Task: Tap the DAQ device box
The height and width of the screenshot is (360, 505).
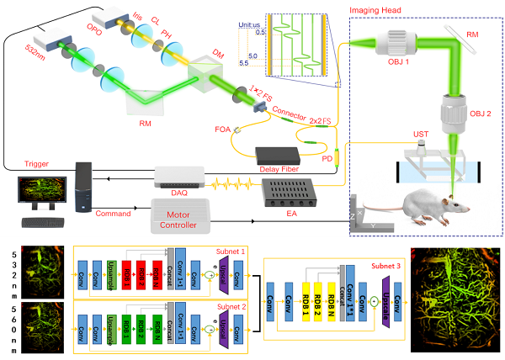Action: (180, 175)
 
